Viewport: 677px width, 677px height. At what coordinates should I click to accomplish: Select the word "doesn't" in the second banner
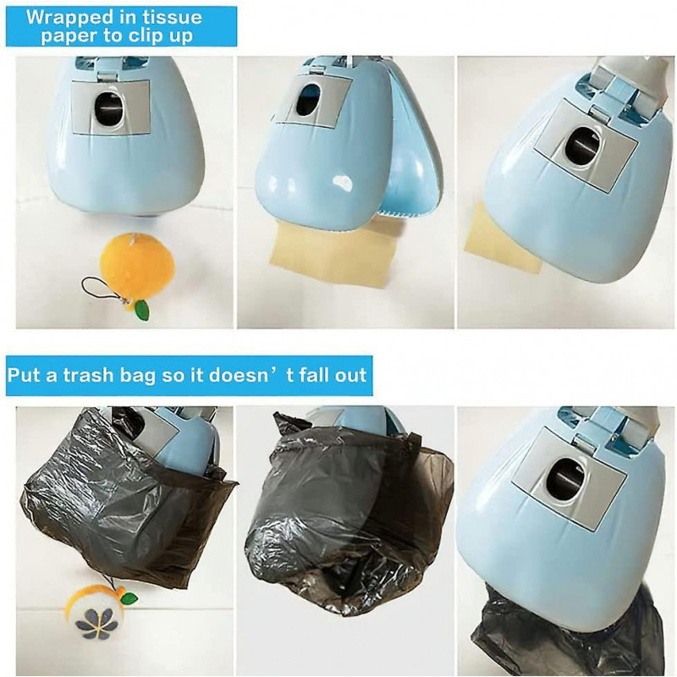point(255,375)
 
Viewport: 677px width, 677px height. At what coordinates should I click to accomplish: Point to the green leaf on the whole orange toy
point(141,310)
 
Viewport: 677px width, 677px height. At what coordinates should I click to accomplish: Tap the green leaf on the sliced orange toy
point(128,599)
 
